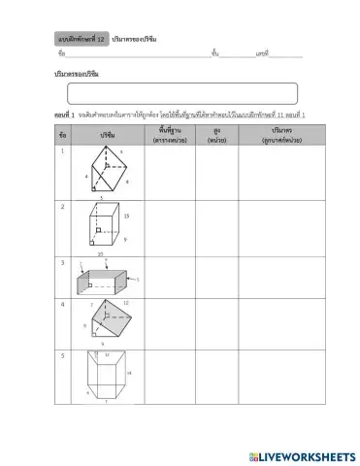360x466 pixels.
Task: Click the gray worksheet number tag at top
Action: point(81,37)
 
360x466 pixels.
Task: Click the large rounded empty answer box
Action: point(181,93)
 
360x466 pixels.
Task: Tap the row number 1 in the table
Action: point(63,150)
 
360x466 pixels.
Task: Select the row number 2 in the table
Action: point(63,206)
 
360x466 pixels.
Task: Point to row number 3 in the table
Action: point(63,262)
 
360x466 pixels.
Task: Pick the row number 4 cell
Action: point(63,304)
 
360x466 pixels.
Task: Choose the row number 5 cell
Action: point(63,355)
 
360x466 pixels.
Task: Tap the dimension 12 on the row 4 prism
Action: point(125,303)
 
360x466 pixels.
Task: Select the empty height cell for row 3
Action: point(211,276)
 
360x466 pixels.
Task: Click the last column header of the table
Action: point(270,134)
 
